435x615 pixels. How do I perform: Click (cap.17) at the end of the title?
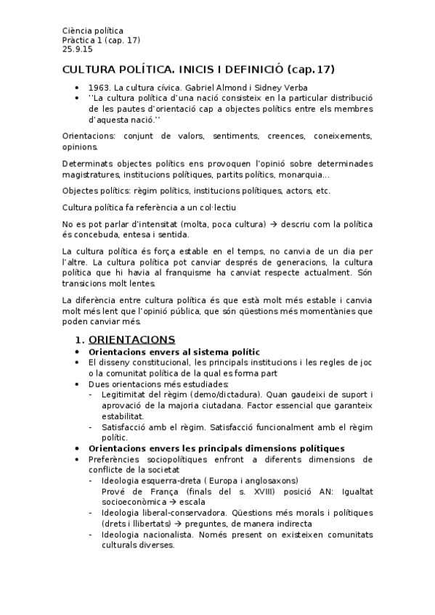[312, 70]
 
